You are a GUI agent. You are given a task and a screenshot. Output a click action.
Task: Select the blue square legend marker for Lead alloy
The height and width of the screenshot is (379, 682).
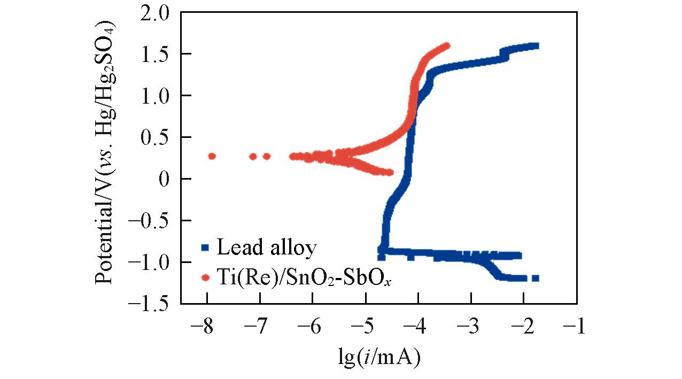click(x=205, y=247)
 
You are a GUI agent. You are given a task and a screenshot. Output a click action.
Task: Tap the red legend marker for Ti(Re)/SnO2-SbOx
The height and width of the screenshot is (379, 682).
click(x=205, y=277)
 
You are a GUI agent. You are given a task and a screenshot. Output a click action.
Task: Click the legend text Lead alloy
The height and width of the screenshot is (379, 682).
click(x=267, y=248)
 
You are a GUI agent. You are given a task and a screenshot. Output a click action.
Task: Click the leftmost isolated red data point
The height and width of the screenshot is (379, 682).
click(x=212, y=156)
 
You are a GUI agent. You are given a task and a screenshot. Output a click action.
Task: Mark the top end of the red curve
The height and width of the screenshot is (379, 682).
click(x=447, y=46)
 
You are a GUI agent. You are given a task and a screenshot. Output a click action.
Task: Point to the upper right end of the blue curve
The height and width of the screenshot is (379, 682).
click(x=535, y=46)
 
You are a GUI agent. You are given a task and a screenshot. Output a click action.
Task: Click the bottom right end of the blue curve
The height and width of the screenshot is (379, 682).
click(x=536, y=278)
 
